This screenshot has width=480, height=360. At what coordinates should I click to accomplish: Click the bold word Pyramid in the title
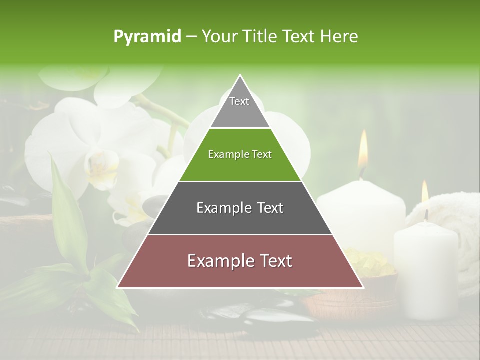(147, 37)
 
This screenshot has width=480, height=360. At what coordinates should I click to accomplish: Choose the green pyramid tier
(240, 155)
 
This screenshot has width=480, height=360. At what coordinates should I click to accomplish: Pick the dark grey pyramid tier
(240, 208)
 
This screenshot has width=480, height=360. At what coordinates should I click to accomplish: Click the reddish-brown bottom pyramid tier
(240, 261)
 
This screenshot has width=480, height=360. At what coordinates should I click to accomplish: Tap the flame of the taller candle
(363, 150)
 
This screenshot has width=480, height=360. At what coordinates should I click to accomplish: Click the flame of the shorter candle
(425, 192)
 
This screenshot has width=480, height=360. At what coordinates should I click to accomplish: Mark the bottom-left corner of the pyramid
(118, 287)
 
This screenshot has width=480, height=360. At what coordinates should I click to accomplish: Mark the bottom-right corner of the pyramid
(363, 287)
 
